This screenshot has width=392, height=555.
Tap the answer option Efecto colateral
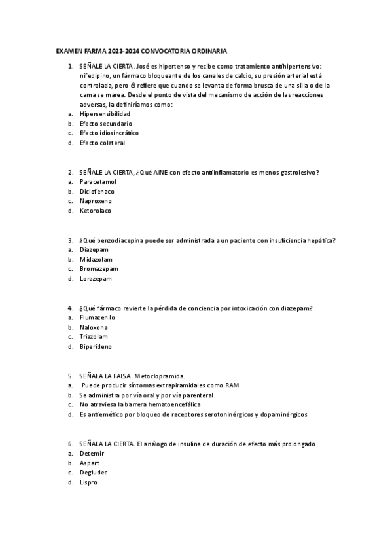(102, 143)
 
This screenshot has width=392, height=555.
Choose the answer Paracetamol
(98, 181)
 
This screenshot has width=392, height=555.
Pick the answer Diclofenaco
(97, 191)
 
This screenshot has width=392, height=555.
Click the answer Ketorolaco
(96, 211)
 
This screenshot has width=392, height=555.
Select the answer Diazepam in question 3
(94, 249)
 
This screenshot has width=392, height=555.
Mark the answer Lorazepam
(96, 279)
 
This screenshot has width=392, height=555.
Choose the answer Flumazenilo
(98, 317)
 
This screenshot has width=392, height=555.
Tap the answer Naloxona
(94, 327)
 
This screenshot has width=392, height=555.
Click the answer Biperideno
(96, 347)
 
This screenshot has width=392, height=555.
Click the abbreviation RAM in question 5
(232, 385)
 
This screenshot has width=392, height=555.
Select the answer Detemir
(92, 453)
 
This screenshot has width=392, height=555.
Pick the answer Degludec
(94, 473)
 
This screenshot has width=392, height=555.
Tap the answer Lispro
(88, 482)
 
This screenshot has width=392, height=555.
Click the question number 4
(71, 308)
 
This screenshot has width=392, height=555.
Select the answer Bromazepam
(98, 269)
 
